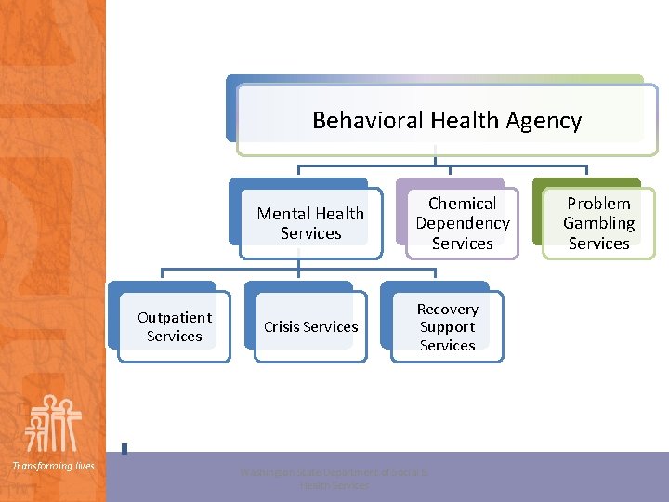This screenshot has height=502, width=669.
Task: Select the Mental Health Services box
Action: coord(310,223)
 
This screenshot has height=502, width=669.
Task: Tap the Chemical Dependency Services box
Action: coord(462,223)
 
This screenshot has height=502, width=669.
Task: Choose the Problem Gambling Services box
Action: coord(598,223)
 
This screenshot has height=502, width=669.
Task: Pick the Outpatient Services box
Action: coord(174,327)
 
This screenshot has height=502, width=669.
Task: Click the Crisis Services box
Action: coord(310,327)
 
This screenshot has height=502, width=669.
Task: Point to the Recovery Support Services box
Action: coord(447,327)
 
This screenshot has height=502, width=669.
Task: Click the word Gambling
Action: coord(598,223)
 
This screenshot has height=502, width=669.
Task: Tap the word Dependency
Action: coord(463,223)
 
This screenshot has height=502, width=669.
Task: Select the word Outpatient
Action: coord(175,318)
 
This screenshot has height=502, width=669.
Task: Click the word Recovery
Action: coord(447,310)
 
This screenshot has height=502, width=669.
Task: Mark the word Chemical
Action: coord(463,204)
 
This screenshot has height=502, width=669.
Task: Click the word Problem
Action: coord(598,204)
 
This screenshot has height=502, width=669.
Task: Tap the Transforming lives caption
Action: coord(53,466)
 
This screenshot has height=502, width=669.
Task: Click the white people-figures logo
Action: coord(53,423)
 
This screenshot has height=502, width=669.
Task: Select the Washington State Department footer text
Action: coord(334,479)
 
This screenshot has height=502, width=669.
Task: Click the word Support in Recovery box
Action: coord(447,327)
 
